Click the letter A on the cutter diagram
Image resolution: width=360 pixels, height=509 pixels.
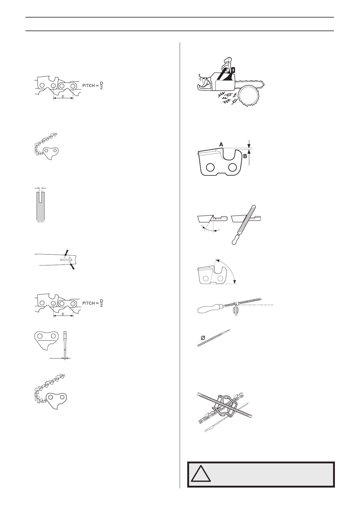coord(221,145)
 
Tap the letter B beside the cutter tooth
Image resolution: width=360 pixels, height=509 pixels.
coord(245,157)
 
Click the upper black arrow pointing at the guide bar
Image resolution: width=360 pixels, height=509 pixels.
coord(67,252)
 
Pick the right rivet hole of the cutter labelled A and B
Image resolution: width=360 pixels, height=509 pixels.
coord(233,167)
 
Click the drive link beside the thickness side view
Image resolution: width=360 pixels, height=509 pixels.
coord(46,340)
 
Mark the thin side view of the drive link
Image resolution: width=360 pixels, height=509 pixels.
coord(65,345)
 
